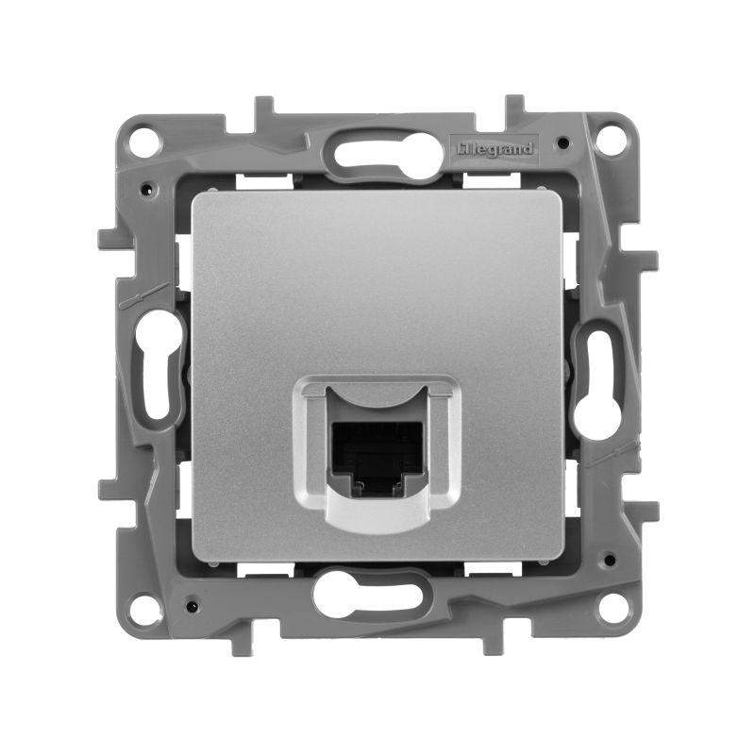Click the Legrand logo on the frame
click(x=496, y=149)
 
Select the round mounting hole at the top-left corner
click(x=143, y=143)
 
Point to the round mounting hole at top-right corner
click(x=612, y=141)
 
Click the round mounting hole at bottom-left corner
click(x=143, y=608)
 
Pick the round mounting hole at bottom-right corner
click(x=612, y=608)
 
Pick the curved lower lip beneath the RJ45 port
click(x=377, y=513)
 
